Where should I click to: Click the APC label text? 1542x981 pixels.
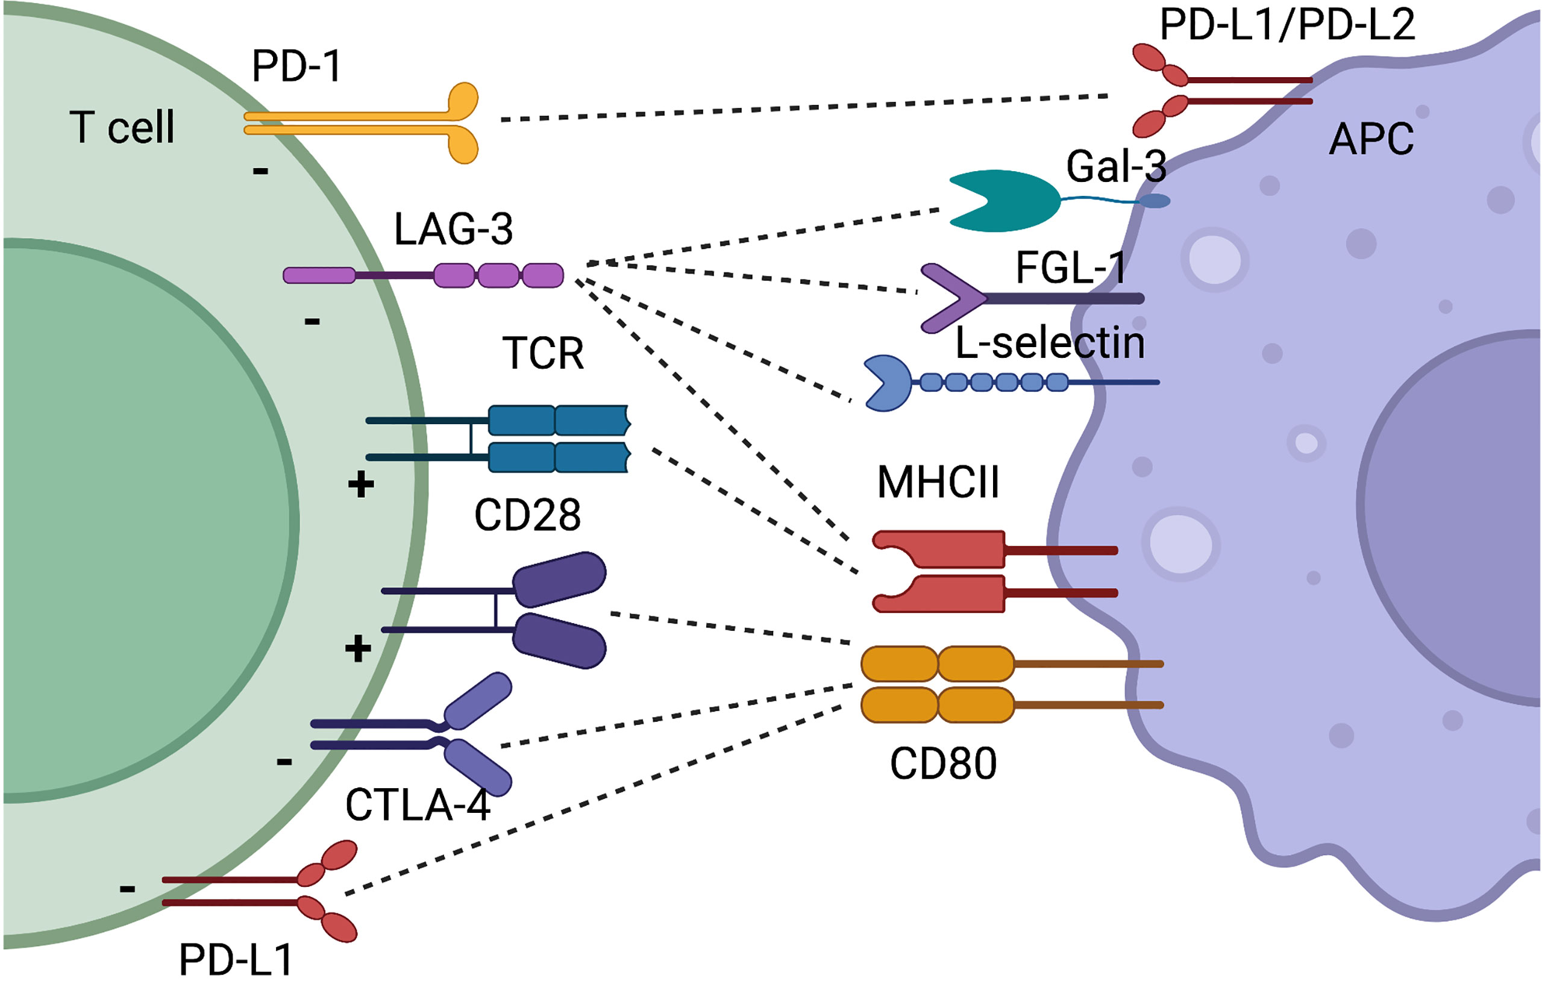tap(1371, 139)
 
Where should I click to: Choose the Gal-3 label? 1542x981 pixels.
tap(1115, 166)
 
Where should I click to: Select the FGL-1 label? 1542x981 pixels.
tap(1071, 267)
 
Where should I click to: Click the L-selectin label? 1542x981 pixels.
tap(1050, 343)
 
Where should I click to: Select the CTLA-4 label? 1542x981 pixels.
tap(418, 805)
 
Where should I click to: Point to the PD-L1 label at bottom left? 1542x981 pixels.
tap(236, 960)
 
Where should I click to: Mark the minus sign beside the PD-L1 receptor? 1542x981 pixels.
tap(127, 889)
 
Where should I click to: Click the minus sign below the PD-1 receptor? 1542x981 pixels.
tap(260, 171)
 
